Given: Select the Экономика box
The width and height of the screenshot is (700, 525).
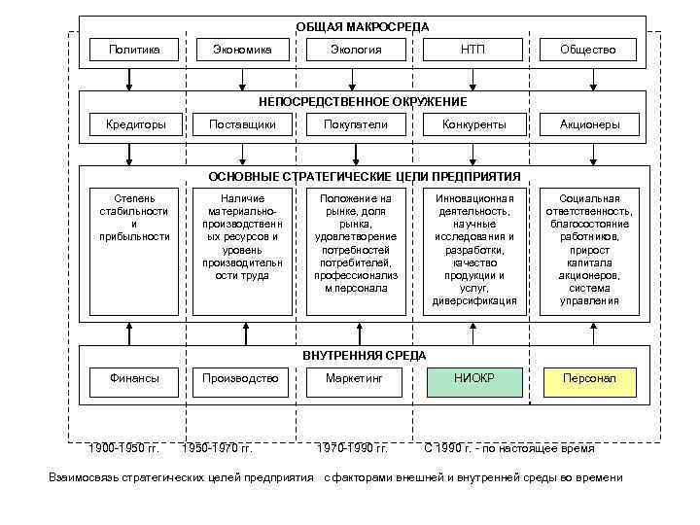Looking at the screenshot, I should point(242,50).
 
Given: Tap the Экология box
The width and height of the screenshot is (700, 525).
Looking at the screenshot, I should point(356,50).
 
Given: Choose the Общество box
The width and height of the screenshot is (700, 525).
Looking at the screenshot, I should point(588,50).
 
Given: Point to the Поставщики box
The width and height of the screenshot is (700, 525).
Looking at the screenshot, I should point(242,124).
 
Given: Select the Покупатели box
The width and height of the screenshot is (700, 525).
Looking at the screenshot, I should point(356,124).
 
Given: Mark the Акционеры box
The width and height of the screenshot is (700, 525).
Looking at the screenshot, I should point(588,124).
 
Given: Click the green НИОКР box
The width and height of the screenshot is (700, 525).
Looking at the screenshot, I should point(473,378).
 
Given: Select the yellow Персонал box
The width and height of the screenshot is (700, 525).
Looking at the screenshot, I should point(588,378).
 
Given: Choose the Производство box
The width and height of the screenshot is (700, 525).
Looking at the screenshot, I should point(242,378).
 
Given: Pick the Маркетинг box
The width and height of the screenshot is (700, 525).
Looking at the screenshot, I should point(356,378).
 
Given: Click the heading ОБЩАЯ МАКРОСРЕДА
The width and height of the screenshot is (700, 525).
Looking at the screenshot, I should point(363,26).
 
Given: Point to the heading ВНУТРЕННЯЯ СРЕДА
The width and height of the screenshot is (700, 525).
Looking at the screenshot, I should point(364,355).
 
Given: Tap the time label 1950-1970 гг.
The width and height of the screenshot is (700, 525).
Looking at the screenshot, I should point(219,448).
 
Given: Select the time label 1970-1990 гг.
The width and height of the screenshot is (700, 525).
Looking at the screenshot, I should point(353,448).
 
